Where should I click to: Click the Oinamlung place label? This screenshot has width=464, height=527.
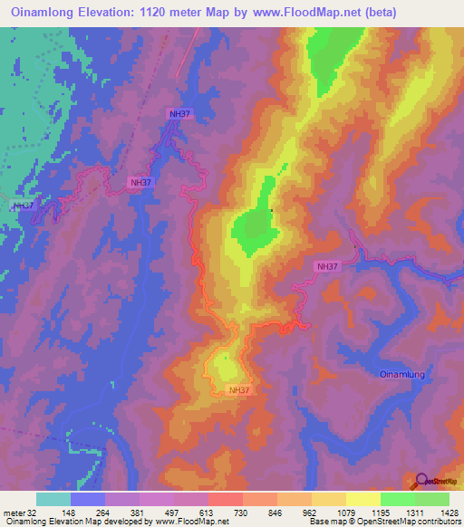click(x=401, y=373)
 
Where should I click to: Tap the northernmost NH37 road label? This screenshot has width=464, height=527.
click(x=179, y=113)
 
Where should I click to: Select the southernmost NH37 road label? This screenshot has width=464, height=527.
click(x=239, y=390)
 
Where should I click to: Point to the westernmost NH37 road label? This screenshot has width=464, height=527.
click(x=24, y=206)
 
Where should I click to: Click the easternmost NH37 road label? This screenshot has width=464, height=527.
click(x=328, y=266)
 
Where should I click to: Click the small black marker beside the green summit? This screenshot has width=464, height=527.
click(x=271, y=211)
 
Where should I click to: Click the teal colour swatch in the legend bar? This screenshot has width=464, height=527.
click(x=53, y=499)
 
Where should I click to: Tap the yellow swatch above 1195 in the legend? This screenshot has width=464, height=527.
click(x=362, y=499)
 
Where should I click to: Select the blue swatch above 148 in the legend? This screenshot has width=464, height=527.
click(x=88, y=499)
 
